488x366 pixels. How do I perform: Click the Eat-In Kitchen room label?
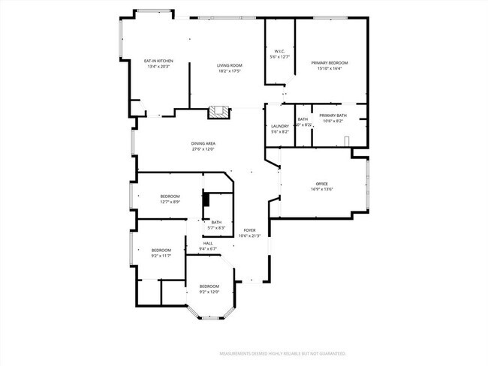(158, 61)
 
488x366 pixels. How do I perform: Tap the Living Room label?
(228, 65)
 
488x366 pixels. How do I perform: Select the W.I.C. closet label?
(279, 51)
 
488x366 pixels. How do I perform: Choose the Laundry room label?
(279, 126)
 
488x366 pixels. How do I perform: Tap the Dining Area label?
(203, 143)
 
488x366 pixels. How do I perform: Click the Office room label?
(321, 184)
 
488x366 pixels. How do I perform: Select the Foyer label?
(249, 230)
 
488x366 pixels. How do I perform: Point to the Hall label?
(207, 243)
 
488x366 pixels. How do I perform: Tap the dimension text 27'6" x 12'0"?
(203, 148)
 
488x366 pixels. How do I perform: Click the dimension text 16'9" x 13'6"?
(321, 189)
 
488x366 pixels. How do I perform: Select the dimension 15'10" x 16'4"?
(330, 68)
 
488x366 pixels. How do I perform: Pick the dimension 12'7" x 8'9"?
(170, 202)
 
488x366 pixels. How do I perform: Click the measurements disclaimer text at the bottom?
(282, 352)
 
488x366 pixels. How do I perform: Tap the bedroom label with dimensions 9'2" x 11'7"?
(161, 250)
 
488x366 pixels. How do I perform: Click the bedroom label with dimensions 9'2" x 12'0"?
(209, 286)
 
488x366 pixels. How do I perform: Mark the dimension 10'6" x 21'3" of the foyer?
(249, 236)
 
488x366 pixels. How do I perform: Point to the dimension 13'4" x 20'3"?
(158, 66)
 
